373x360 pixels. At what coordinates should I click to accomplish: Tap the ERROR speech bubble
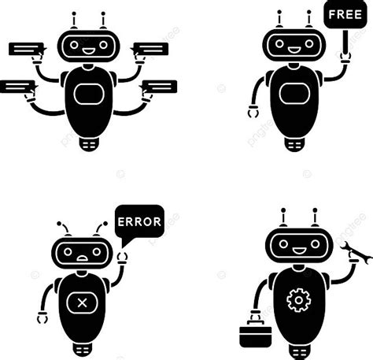point(138,221)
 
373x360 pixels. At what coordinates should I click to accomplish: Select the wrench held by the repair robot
point(354,253)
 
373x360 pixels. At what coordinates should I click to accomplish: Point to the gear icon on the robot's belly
point(298,300)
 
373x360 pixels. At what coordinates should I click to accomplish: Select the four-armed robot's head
point(88,46)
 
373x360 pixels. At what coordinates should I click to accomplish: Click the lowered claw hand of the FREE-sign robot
point(252,111)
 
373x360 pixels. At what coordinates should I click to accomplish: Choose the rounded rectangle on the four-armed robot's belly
point(88,95)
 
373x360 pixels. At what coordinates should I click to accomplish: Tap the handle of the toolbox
point(254,317)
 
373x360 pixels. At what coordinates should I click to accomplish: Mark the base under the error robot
point(82,347)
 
